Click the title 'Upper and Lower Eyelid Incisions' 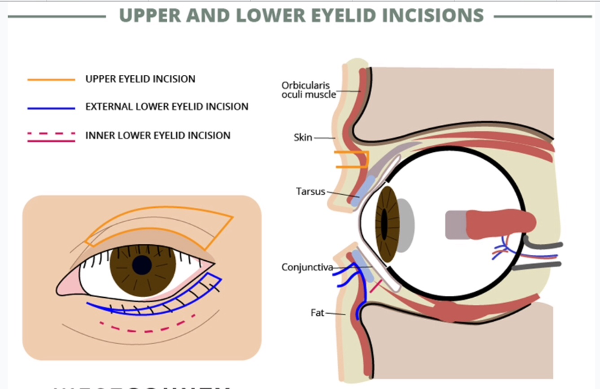[301, 16]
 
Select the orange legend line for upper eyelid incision [51, 80]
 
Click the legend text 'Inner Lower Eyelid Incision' [157, 136]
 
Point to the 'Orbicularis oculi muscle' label [308, 89]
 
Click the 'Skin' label [303, 137]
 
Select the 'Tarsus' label [306, 192]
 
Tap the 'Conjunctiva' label [307, 267]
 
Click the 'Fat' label [317, 313]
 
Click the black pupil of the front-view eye [142, 265]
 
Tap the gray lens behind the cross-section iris [404, 225]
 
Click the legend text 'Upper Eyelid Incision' [140, 80]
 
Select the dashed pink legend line [51, 135]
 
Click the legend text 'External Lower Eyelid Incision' [167, 107]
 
